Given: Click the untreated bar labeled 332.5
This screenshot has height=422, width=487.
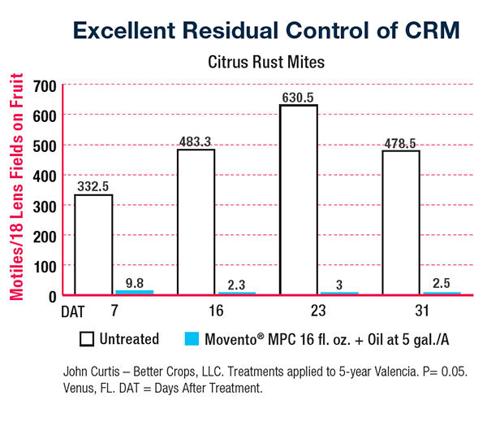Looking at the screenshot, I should coord(93,244).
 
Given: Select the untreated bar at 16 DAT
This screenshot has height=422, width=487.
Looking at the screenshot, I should coord(196,221).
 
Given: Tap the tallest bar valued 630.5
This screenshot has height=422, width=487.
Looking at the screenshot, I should coord(299,199).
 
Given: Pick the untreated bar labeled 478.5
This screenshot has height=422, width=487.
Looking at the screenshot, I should coord(401,222).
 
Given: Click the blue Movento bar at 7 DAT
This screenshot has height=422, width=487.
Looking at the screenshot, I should coord(134,291).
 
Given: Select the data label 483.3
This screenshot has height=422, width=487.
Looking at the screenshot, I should coord(196,141).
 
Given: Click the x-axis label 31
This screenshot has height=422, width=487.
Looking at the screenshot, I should coord(401,311).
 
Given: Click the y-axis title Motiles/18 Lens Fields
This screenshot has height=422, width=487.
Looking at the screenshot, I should coord(15,187).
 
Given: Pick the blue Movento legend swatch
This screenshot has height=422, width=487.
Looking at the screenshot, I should coord(192,337).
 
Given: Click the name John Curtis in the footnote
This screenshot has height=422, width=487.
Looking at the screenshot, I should coord(91,371).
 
